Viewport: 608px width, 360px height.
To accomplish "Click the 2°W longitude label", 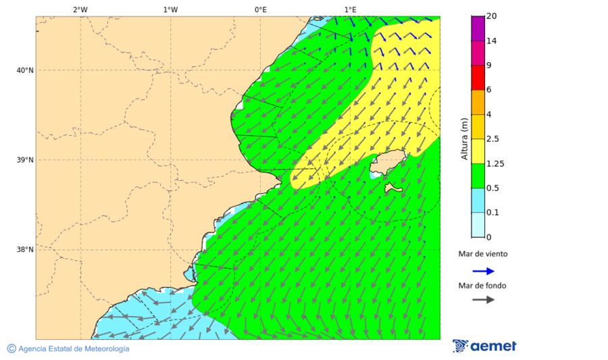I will coord(80,9).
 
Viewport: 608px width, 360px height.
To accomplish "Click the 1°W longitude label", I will coord(170,9).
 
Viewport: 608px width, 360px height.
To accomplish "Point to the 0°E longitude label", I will coord(260,9).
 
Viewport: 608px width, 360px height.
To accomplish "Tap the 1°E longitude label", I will coord(350,9).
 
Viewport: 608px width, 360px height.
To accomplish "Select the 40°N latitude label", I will coord(25,70).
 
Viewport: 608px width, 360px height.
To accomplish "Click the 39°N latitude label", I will coord(25,160).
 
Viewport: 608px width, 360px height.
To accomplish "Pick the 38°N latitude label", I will coord(25,250).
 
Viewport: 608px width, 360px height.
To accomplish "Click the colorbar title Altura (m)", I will coord(464,138).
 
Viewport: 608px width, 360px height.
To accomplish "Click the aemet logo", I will coord(484,346).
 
